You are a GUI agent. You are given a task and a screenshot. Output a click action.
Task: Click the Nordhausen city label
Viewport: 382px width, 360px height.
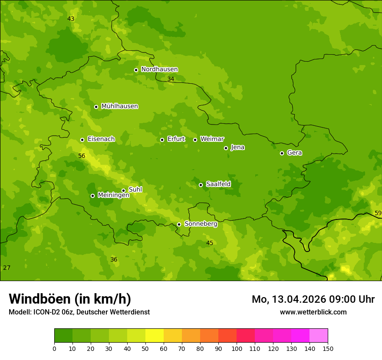pos(159,69)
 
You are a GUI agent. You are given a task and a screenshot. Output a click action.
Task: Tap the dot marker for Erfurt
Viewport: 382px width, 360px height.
pos(162,140)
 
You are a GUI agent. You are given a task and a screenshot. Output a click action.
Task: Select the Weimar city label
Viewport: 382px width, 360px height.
pos(212,139)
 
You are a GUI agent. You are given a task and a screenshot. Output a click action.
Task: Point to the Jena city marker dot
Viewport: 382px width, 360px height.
pos(226,148)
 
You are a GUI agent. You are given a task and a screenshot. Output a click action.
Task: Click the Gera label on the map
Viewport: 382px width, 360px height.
pos(294,153)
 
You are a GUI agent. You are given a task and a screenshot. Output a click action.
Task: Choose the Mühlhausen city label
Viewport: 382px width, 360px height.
pos(119,106)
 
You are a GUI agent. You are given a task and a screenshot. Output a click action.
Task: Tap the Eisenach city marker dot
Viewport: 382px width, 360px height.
pos(82,140)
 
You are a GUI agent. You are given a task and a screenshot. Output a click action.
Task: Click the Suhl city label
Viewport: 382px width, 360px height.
pos(135,190)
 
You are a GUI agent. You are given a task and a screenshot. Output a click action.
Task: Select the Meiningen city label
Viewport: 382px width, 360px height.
pos(113,195)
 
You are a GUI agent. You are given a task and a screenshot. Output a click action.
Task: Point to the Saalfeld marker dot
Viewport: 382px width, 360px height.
pos(201,185)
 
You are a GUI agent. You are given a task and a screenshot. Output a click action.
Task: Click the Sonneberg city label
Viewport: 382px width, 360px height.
pos(201,224)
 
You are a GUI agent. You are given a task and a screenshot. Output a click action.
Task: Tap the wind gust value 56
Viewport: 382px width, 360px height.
pos(82,156)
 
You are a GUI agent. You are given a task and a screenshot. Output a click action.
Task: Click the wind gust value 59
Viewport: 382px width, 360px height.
pos(378,213)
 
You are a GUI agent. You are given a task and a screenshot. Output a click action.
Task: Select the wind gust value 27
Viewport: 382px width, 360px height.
pos(7,268)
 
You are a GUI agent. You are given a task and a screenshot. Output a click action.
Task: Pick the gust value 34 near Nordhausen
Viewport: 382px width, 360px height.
pos(171,79)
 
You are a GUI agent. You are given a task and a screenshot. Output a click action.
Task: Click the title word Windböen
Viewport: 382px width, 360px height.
pos(40,299)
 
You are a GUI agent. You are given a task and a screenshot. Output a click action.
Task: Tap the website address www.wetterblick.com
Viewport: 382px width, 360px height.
pos(313,312)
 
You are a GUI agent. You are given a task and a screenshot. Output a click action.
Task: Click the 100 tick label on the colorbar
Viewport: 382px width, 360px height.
pos(237,348)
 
